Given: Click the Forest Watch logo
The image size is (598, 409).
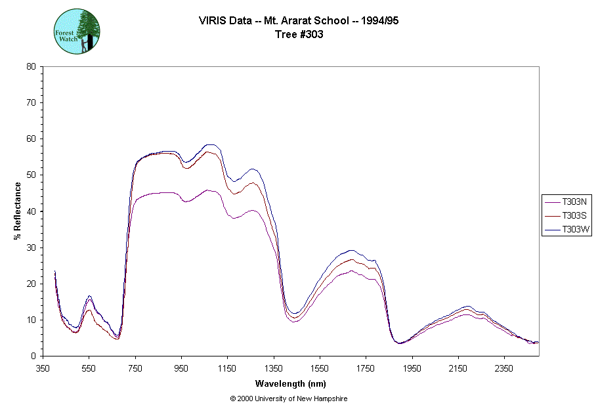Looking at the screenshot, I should pos(76,32).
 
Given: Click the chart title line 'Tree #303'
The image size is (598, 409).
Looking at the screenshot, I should pos(299,35).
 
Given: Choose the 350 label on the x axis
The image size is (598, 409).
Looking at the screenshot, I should pos(43,368).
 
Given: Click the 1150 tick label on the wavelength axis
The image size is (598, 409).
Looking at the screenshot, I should pos(227,368).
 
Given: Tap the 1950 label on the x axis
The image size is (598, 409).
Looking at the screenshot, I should pos(412,368).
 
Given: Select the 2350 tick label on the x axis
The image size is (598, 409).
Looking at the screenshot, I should pos(503,368).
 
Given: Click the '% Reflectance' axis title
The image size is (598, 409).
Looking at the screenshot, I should pos(18,211).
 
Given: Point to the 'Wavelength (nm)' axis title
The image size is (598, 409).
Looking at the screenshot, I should pos(290,383).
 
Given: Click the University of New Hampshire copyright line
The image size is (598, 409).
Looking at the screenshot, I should pos(289,398).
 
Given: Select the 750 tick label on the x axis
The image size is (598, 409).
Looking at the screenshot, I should pos(135,368).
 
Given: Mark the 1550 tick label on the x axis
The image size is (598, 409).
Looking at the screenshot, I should pos(319,368).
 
